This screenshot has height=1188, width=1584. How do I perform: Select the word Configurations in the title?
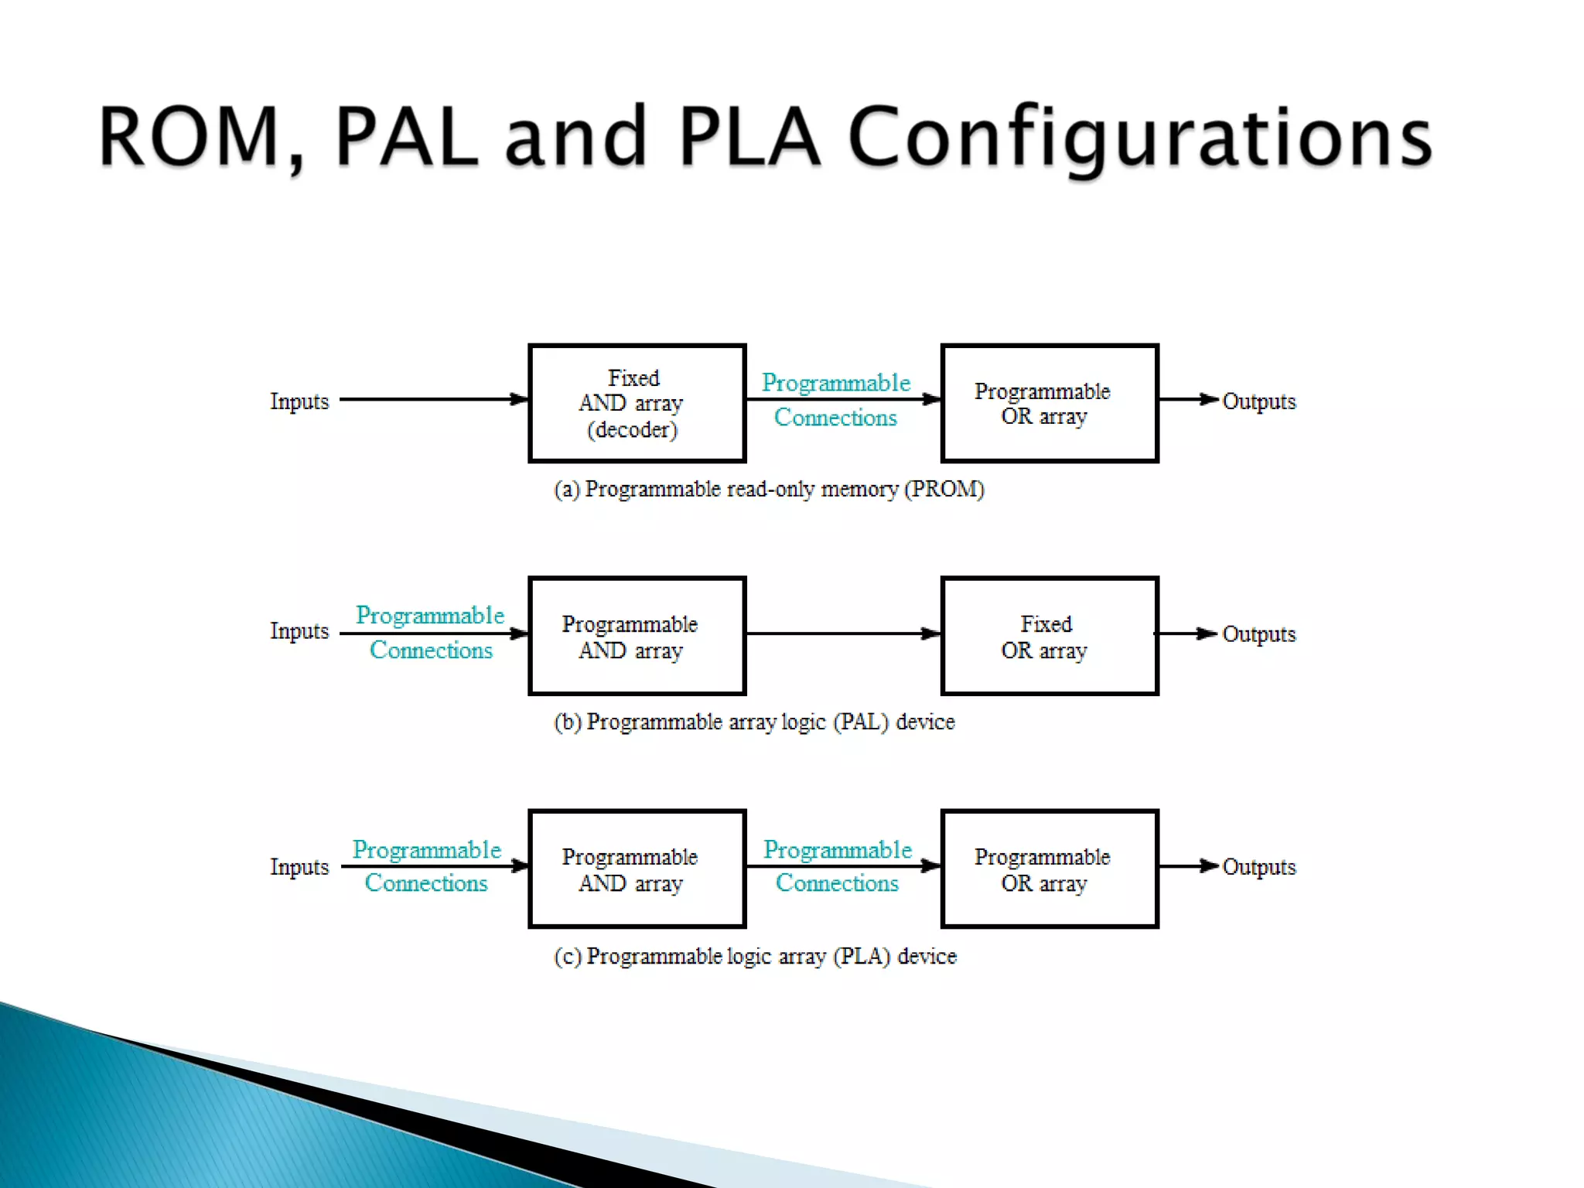1140,139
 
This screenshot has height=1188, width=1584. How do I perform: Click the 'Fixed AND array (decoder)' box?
637,403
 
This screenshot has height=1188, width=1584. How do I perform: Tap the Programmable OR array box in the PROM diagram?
1049,403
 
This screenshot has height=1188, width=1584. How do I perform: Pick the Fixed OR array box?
1049,636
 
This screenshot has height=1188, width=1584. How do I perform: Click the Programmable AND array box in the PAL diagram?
637,636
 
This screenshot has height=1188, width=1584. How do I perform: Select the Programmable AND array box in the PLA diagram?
637,869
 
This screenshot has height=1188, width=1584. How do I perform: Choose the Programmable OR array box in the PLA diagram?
1049,869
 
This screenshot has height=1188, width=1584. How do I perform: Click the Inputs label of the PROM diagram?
299,401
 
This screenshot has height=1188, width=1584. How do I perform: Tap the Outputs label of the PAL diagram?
1258,634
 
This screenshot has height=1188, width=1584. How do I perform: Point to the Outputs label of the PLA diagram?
1258,867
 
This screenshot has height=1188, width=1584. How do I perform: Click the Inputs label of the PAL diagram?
299,631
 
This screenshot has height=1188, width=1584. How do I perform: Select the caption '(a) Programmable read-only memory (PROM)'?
769,489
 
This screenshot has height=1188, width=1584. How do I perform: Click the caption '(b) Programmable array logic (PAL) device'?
754,722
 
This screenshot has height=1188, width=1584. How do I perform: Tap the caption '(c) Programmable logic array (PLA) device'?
755,956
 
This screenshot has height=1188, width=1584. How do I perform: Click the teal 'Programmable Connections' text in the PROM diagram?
836,400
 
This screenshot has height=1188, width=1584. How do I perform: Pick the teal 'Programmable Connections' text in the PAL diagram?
430,633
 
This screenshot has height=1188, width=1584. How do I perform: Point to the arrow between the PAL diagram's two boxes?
843,633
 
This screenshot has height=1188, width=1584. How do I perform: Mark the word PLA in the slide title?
749,137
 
